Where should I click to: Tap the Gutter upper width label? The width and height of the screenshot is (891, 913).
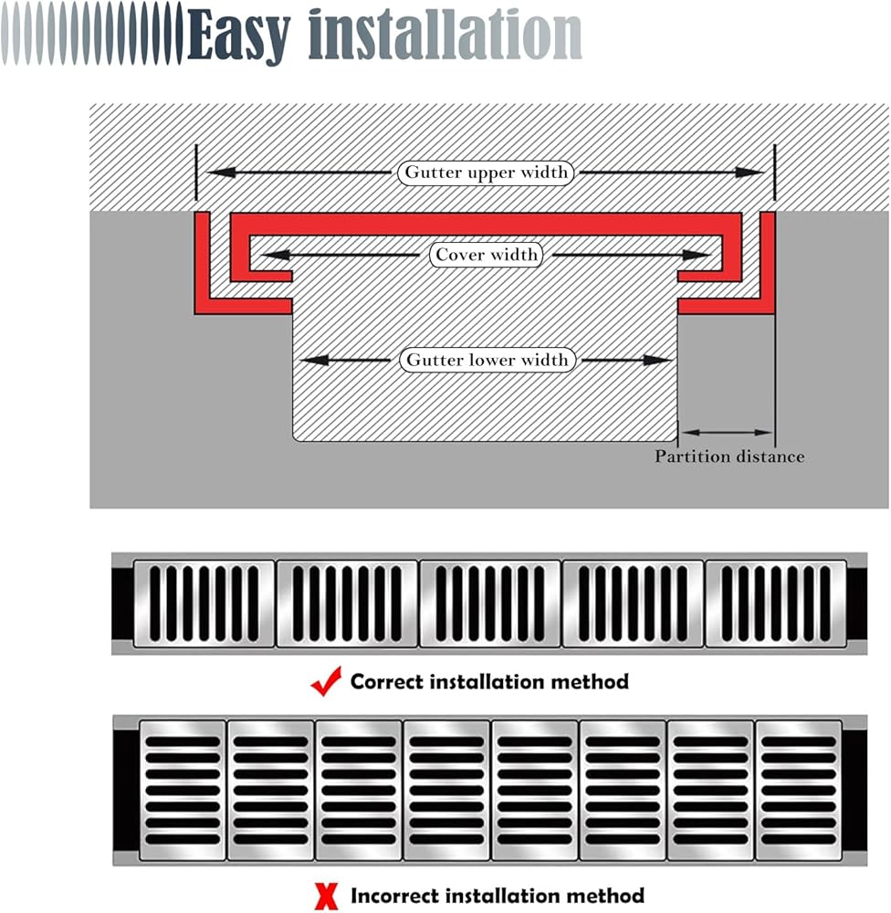pos(487,172)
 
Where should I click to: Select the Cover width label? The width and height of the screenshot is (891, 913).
pos(487,255)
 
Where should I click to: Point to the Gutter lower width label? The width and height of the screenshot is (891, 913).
pos(487,360)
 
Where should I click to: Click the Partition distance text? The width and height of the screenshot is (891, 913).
pos(729,456)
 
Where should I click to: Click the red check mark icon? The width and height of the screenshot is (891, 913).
pos(326,681)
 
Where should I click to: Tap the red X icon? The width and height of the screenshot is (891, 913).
pos(325,897)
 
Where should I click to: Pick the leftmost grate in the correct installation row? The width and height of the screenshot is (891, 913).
pos(204,603)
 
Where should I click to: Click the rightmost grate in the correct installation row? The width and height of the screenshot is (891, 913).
pos(775,603)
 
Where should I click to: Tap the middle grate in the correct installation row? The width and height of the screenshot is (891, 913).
pos(489,603)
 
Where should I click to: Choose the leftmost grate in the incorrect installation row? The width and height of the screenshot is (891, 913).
pos(183,790)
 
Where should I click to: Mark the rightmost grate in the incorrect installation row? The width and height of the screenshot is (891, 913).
pos(798,790)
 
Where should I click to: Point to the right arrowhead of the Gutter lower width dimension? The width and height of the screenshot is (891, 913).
pos(663,360)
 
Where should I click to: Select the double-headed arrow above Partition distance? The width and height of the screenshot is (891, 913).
pos(727,432)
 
